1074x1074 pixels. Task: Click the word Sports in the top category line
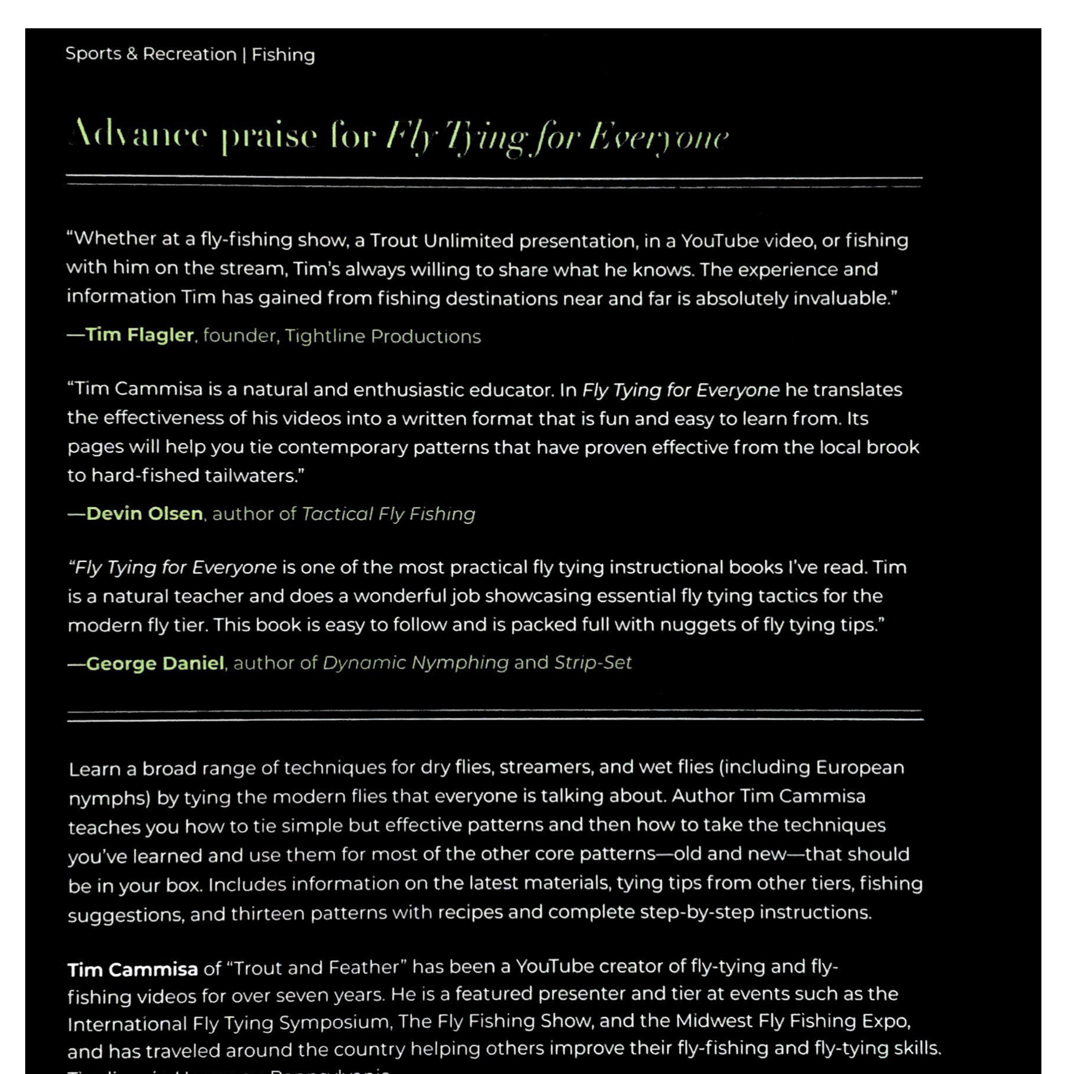pyautogui.click(x=93, y=54)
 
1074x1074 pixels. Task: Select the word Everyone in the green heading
pyautogui.click(x=658, y=137)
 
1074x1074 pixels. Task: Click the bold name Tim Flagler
pyautogui.click(x=140, y=335)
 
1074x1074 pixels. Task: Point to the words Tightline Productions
pyautogui.click(x=383, y=336)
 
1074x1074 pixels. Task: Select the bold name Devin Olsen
pyautogui.click(x=145, y=514)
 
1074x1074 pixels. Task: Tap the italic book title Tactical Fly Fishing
pyautogui.click(x=389, y=514)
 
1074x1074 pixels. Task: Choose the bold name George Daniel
pyautogui.click(x=155, y=663)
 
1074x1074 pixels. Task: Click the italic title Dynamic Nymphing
pyautogui.click(x=416, y=663)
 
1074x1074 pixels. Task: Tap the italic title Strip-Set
pyautogui.click(x=593, y=663)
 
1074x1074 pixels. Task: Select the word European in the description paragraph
pyautogui.click(x=860, y=768)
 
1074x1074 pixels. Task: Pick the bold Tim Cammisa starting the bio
pyautogui.click(x=133, y=969)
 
